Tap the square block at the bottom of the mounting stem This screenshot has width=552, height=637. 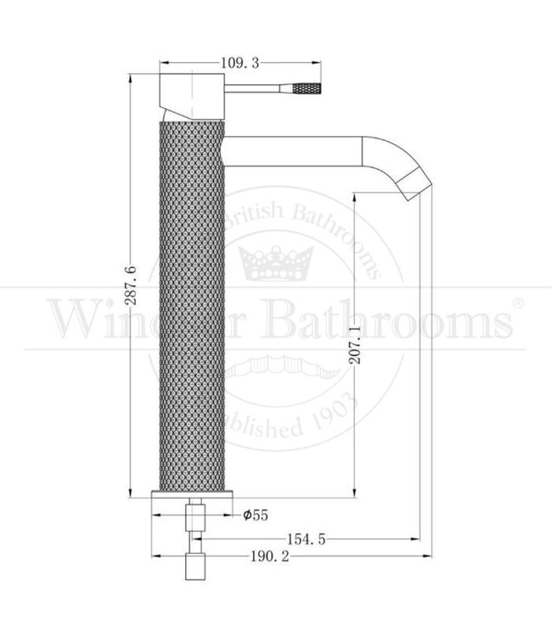coord(196,567)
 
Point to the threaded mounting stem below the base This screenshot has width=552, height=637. coord(195,527)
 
